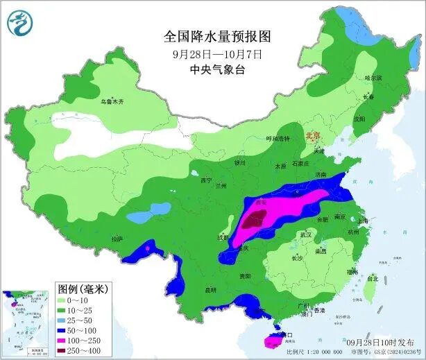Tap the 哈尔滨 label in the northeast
(x=373, y=78)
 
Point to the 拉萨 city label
(x=116, y=239)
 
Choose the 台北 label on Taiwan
(x=373, y=278)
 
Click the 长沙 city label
(x=297, y=258)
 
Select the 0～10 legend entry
(x=78, y=299)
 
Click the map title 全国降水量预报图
(x=216, y=35)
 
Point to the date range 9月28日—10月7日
(x=217, y=53)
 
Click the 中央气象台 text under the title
(x=217, y=69)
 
